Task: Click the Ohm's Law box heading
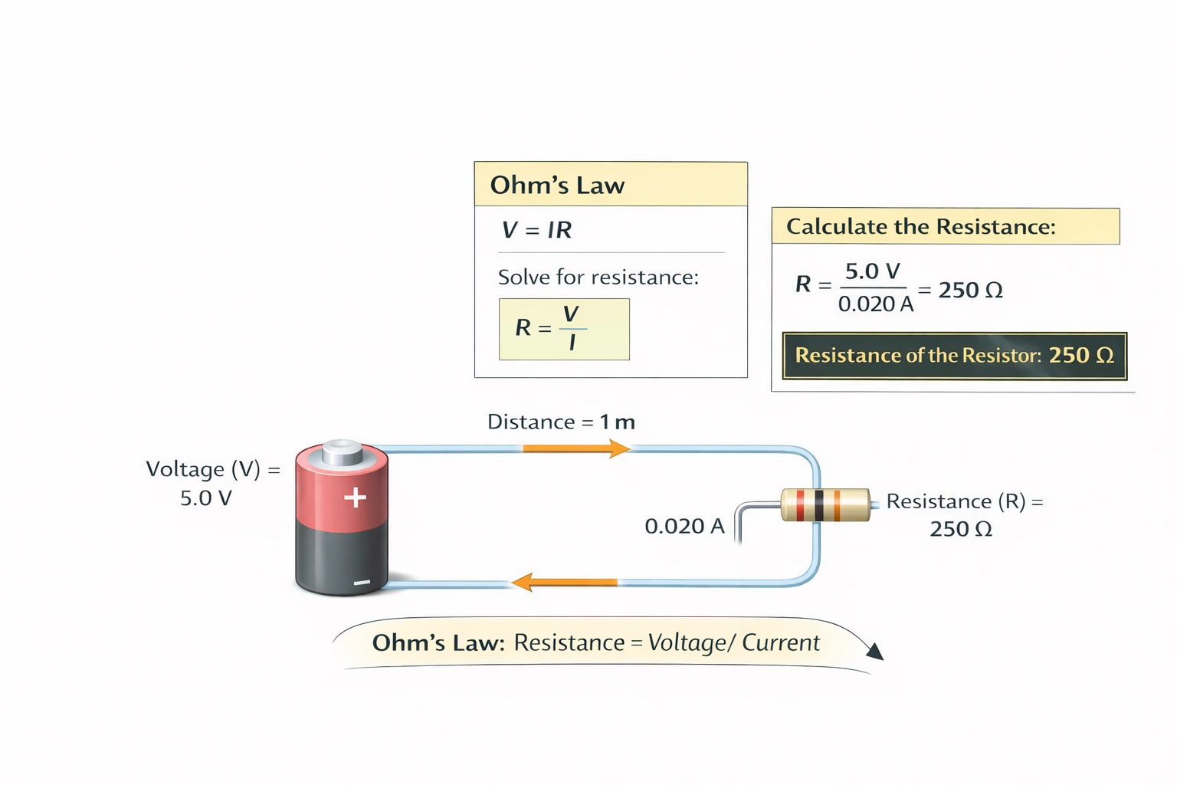(x=557, y=186)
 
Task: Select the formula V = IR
(x=536, y=230)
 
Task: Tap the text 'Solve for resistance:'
(x=598, y=278)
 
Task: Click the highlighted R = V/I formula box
(x=564, y=329)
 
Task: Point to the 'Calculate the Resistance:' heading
(x=920, y=227)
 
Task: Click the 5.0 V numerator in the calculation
(x=872, y=271)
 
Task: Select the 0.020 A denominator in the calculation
(x=875, y=304)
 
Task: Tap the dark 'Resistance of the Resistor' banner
(x=954, y=356)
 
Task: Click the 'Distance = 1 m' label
(x=561, y=422)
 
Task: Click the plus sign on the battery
(x=355, y=498)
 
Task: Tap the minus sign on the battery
(x=362, y=583)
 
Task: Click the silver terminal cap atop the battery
(x=342, y=452)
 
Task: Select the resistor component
(x=825, y=505)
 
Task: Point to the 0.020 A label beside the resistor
(x=684, y=527)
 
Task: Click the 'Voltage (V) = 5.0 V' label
(x=211, y=484)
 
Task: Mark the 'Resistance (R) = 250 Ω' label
(x=963, y=515)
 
